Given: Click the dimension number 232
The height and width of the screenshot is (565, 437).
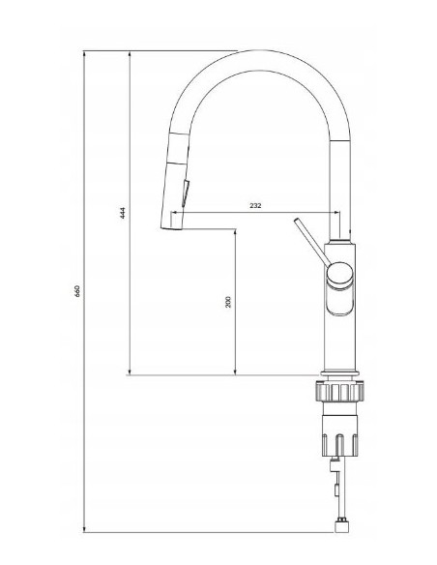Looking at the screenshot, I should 256,206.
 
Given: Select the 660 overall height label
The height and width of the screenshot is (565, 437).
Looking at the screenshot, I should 76,290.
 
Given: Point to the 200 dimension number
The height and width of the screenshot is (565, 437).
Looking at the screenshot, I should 228,301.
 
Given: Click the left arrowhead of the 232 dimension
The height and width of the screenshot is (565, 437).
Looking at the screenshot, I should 188,212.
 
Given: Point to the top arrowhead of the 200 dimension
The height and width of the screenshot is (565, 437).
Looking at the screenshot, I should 235,233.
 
